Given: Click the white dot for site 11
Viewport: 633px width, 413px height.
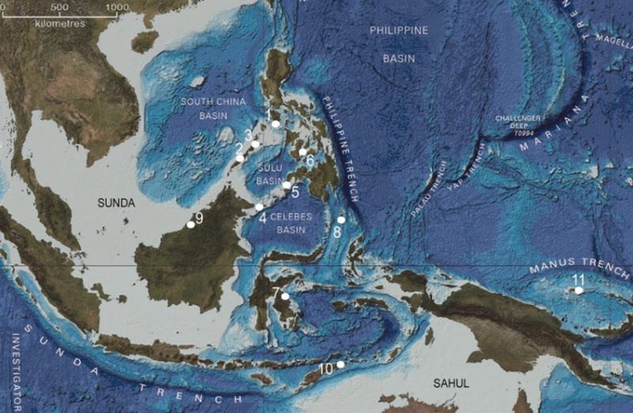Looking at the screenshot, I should (x=579, y=291).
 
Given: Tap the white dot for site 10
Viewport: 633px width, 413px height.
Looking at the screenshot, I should (x=340, y=365).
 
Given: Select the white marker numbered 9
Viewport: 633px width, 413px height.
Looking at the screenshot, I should (x=191, y=225).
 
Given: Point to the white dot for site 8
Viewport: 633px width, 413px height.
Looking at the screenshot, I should (x=341, y=220).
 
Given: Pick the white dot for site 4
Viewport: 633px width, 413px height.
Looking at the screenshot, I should (x=259, y=207).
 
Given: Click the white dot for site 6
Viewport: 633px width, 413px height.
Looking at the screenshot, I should (x=302, y=152).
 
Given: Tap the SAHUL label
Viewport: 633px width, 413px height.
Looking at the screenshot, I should (x=451, y=383).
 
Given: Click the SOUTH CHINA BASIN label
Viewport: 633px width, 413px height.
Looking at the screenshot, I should (x=214, y=108).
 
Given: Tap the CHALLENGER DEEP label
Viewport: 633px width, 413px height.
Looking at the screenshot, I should (x=518, y=122).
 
